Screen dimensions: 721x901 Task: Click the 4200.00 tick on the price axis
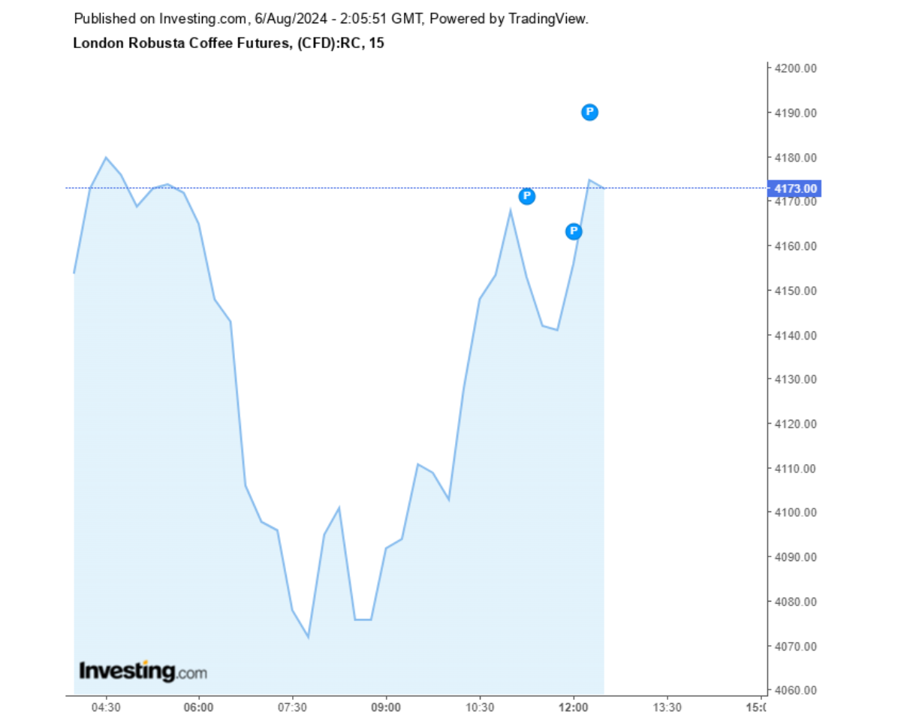click(796, 68)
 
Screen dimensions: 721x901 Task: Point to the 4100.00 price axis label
click(796, 513)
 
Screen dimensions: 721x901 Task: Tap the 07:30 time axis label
click(292, 707)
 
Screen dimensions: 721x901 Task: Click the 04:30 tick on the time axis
click(106, 707)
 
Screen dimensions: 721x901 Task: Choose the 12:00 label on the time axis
click(574, 707)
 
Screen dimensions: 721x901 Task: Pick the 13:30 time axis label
click(667, 707)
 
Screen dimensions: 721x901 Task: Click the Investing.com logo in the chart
click(143, 671)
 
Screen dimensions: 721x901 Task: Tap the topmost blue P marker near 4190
click(589, 112)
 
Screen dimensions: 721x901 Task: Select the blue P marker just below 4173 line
click(527, 196)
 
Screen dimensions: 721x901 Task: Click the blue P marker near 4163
click(574, 231)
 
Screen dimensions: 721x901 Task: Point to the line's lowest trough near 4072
click(308, 637)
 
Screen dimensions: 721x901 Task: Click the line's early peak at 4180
click(106, 158)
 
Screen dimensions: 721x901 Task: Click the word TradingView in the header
click(549, 19)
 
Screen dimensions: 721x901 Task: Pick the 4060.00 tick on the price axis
click(796, 690)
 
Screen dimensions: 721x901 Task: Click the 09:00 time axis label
click(386, 707)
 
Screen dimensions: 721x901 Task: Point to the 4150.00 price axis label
click(796, 291)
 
